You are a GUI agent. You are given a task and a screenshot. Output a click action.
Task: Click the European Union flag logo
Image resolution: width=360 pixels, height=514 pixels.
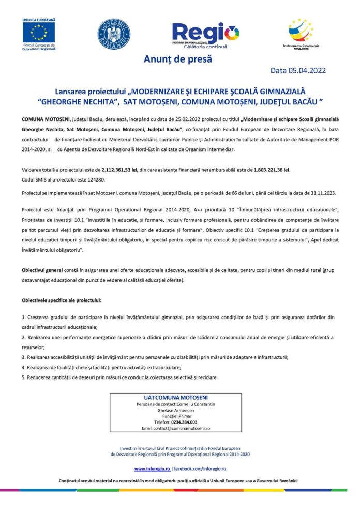[39, 33]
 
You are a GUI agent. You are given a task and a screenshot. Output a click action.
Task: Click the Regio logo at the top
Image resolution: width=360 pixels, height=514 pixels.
[205, 34]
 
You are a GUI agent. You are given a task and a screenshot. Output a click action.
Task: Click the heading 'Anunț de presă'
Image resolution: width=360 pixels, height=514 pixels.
[178, 59]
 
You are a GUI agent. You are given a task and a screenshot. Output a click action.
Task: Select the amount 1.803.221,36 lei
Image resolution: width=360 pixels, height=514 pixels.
[268, 169]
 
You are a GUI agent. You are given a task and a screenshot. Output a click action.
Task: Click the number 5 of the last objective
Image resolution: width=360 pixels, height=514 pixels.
[23, 377]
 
